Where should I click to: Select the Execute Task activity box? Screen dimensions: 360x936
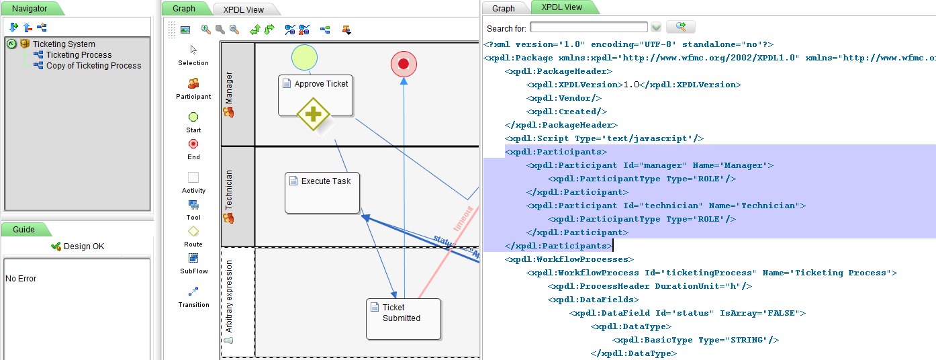click(x=322, y=193)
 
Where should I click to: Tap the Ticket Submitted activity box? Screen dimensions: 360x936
click(x=404, y=319)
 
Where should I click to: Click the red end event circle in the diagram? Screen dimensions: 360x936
click(x=404, y=64)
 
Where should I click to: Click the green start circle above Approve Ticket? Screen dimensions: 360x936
click(x=305, y=57)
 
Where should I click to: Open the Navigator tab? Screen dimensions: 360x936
click(x=30, y=9)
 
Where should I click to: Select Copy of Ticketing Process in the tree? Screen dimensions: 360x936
click(x=93, y=66)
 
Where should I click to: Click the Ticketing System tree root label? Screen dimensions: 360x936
click(x=64, y=44)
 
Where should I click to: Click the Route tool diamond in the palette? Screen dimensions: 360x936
click(x=193, y=231)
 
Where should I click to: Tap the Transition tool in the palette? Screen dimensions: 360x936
click(x=193, y=291)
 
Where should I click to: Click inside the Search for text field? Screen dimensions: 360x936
click(x=588, y=28)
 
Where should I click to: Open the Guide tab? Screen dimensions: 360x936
click(x=24, y=230)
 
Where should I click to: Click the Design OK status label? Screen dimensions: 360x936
click(x=84, y=246)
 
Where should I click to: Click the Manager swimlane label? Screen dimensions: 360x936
click(x=229, y=87)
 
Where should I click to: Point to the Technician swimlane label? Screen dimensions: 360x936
click(x=229, y=190)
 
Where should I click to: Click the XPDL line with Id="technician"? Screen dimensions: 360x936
click(x=665, y=206)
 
